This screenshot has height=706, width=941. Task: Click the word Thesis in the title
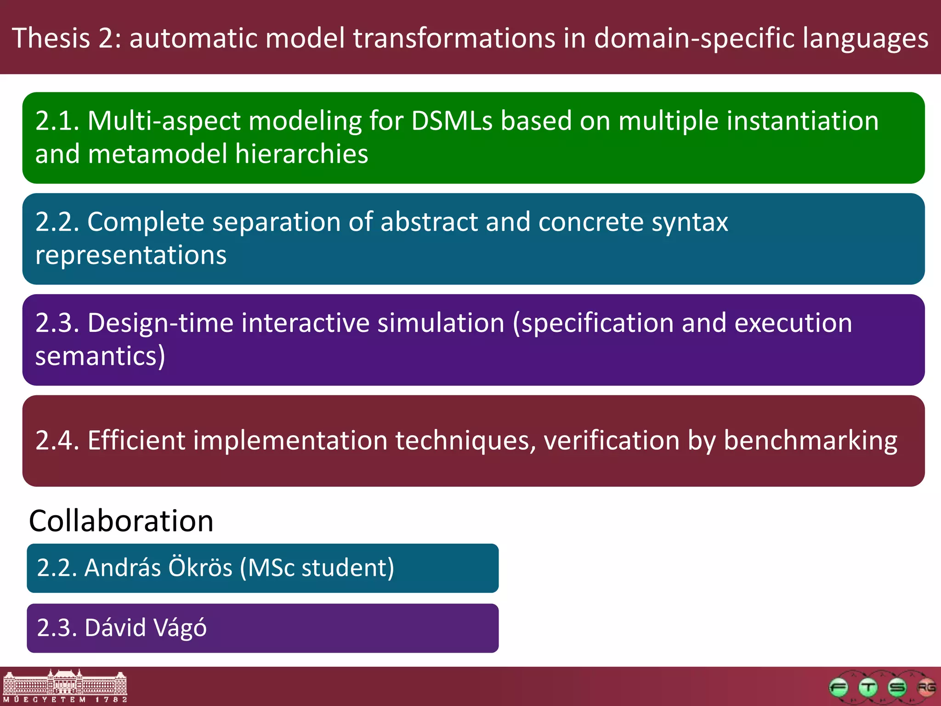(51, 38)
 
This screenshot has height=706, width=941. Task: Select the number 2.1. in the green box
(57, 121)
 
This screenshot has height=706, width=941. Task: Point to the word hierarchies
(301, 154)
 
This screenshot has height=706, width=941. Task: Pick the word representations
(130, 255)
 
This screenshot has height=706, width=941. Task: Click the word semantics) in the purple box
(100, 357)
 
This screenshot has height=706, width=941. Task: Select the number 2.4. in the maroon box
(57, 441)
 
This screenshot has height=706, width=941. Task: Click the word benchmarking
(810, 441)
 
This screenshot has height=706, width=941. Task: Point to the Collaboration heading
(121, 521)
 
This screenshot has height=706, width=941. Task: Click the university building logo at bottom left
(64, 686)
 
